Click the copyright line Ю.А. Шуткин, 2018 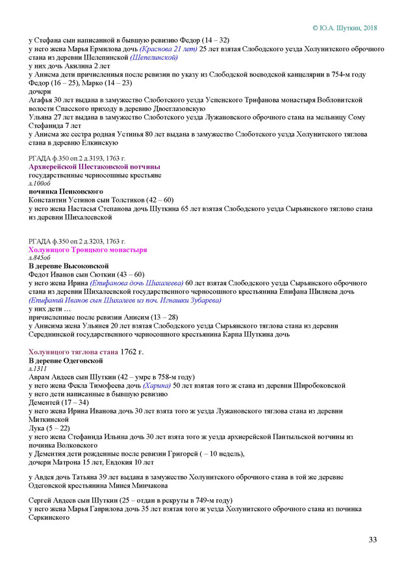point(344,28)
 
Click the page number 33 point(373,539)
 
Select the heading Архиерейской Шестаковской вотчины point(86,167)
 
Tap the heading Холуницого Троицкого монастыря point(88,249)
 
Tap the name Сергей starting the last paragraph point(41,500)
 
